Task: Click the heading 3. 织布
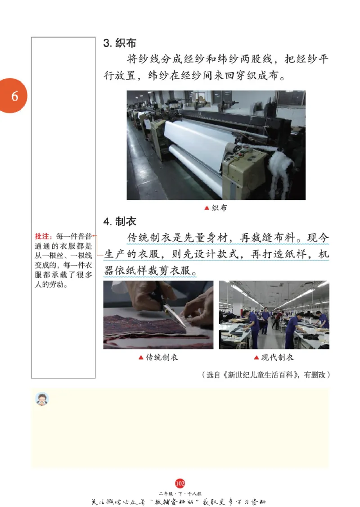tap(120, 43)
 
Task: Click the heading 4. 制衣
tap(120, 222)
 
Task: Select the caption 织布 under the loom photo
tap(220, 208)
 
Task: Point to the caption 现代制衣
tap(278, 358)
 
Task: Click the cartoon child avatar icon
tap(42, 399)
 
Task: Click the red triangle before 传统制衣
tap(141, 358)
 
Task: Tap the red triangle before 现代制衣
tap(257, 358)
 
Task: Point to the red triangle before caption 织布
tap(207, 208)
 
